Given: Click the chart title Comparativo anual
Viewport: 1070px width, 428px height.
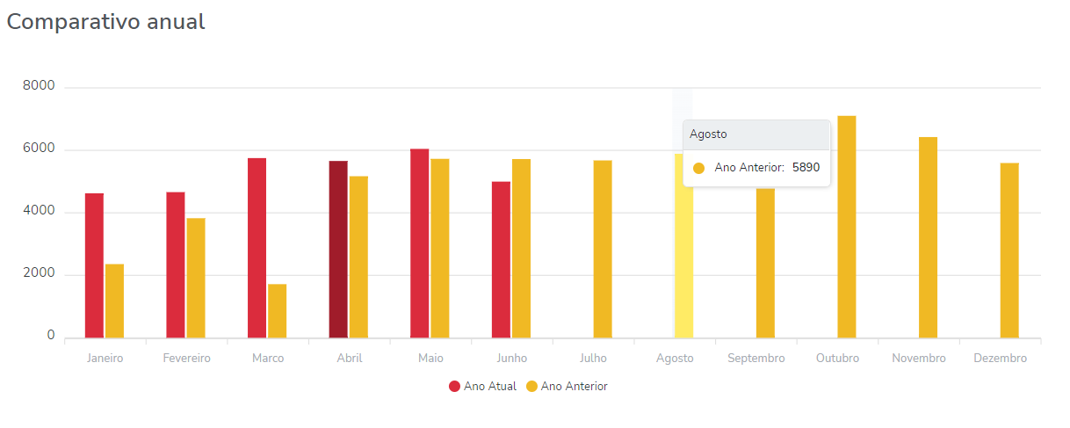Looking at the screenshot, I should pos(106,23).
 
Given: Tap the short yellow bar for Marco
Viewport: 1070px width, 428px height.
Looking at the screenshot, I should pos(277,310).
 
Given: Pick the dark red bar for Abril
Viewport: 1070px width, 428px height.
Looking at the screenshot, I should pos(338,250).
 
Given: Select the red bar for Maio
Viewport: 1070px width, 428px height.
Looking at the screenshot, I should pos(420,243).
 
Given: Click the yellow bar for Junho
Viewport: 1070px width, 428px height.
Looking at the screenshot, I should pos(521,249).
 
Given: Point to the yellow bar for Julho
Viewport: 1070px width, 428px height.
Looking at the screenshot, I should pos(603,250).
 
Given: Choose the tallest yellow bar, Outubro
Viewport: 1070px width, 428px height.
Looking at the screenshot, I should pos(846,227).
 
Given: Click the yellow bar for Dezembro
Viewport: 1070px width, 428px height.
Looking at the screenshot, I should pos(1009,250).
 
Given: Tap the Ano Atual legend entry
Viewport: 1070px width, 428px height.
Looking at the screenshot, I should pos(482,387).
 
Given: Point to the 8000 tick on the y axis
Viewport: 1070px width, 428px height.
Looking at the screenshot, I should pos(40,86).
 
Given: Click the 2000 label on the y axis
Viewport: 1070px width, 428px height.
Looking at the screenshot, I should pos(40,274).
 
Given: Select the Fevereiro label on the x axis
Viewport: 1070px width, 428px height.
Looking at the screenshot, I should pos(186,359).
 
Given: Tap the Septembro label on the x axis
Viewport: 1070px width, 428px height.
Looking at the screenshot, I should pos(756,359).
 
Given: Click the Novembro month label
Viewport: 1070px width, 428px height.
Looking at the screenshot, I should pos(919,359).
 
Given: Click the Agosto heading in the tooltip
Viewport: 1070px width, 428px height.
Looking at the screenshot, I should pos(708,134).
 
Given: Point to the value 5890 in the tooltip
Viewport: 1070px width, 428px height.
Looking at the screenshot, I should pos(806,168).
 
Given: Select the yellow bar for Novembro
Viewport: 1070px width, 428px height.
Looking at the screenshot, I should pos(928,237).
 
